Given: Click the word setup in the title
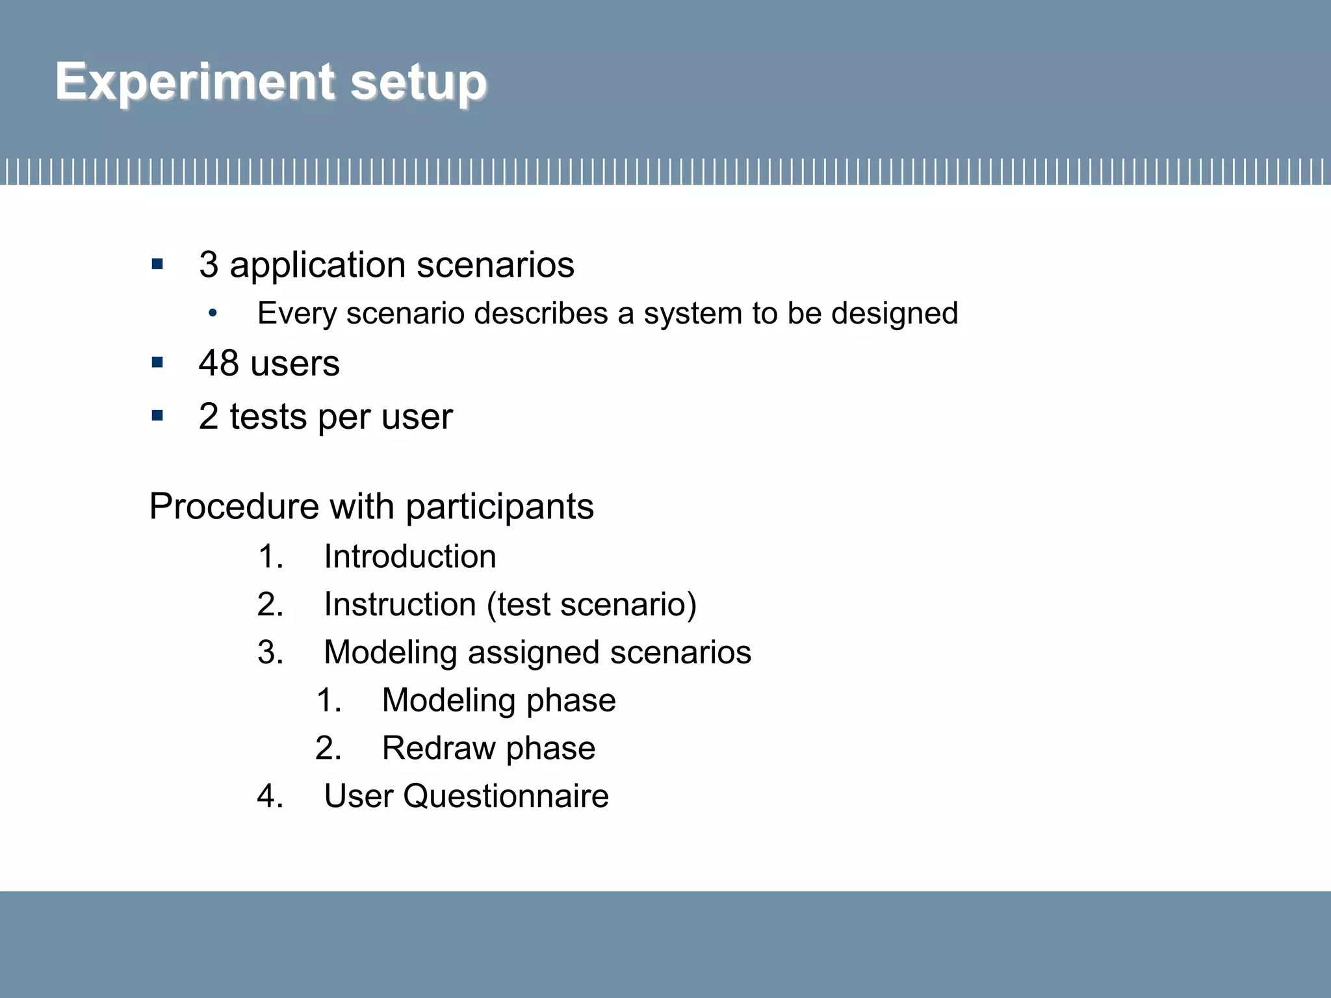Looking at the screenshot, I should click(419, 84).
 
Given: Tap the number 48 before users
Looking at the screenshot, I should click(218, 363).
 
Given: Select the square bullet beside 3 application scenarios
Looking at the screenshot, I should click(157, 264).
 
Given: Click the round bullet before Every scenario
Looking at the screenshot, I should click(213, 314).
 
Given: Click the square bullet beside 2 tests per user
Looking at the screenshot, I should click(157, 416).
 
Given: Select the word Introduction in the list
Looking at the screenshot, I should click(410, 557).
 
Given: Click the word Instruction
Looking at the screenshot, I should click(400, 605).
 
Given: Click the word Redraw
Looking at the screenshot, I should click(439, 748).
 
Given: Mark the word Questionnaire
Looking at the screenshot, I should click(506, 797).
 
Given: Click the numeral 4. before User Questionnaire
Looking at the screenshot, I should click(270, 797).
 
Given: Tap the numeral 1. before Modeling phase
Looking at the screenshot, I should click(328, 700).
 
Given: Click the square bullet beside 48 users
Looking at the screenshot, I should click(157, 363).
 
